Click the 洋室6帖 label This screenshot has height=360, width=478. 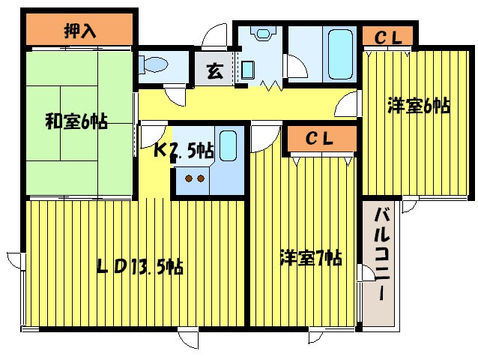418,106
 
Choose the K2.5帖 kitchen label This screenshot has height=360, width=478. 184,149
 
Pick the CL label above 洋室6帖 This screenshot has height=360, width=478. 388,35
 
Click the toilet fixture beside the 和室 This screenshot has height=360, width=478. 153,64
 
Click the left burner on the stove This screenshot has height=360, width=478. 189,178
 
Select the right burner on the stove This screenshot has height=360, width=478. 202,178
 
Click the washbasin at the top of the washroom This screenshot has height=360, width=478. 262,34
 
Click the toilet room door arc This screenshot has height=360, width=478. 175,94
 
